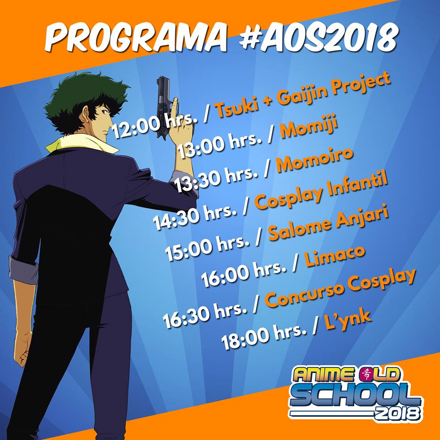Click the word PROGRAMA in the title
click(x=136, y=37)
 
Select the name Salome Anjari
click(x=328, y=223)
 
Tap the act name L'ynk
click(x=348, y=319)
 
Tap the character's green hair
click(x=84, y=99)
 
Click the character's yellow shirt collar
click(x=83, y=143)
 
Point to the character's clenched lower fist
click(x=23, y=348)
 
